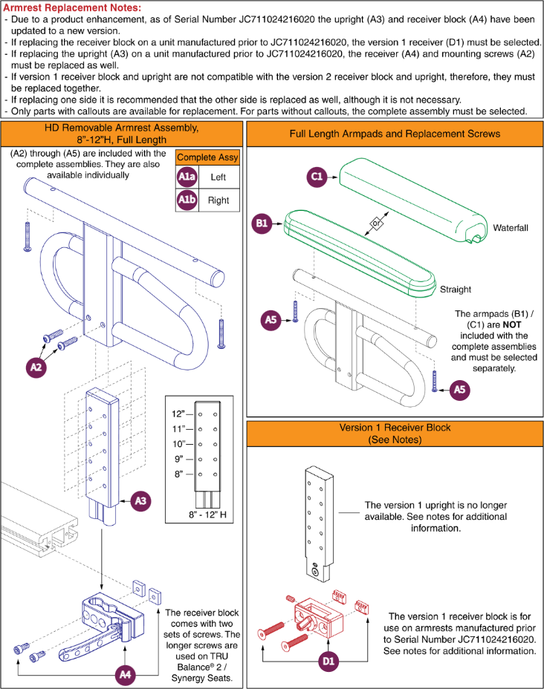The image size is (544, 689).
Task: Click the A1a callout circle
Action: [x=187, y=177]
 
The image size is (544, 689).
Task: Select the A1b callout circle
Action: [x=187, y=200]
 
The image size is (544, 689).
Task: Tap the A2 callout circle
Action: [x=36, y=367]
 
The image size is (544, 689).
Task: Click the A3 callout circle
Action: [x=140, y=501]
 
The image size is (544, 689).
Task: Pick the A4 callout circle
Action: [x=126, y=674]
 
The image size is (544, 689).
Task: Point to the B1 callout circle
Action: [x=262, y=223]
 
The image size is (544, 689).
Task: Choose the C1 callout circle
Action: [x=317, y=177]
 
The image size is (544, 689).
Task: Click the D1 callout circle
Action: [x=328, y=661]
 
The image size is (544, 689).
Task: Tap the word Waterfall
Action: [x=510, y=228]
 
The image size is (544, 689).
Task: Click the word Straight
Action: [x=456, y=289]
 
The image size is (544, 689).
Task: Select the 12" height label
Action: [x=178, y=414]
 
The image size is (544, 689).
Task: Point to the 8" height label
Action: [x=178, y=474]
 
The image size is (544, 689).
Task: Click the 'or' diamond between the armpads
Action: [x=376, y=223]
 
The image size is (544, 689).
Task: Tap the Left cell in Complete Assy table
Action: [x=218, y=177]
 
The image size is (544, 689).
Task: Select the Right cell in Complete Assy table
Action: [x=218, y=200]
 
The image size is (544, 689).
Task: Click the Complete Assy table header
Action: [x=207, y=157]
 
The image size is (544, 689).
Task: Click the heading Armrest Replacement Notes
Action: [x=72, y=7]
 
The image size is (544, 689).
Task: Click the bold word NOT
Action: [x=512, y=324]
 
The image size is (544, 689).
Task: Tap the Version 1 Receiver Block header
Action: [x=395, y=434]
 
